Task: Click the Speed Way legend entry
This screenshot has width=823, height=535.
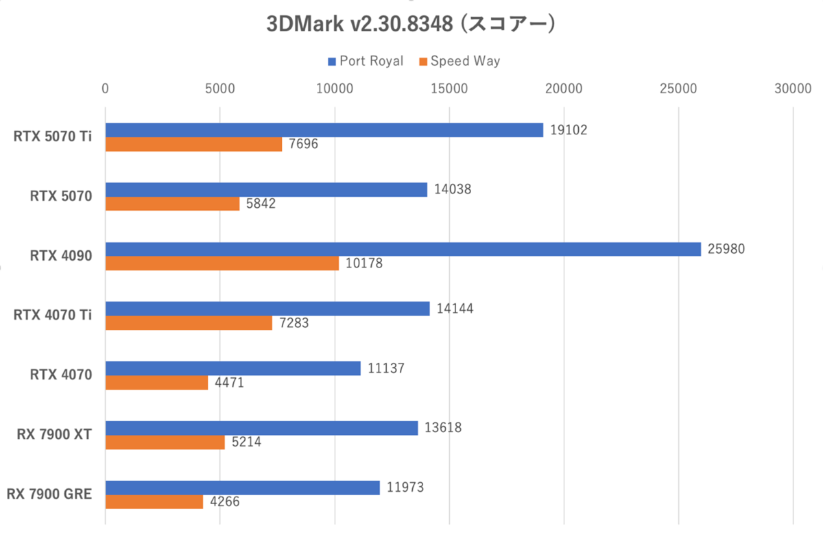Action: (460, 61)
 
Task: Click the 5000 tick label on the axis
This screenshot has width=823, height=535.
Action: (219, 88)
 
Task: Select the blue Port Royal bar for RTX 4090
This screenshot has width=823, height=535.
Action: (403, 249)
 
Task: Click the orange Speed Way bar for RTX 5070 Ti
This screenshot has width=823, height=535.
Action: (193, 144)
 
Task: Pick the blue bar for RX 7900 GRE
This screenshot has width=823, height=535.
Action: (242, 488)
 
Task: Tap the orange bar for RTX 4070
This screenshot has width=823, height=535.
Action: (156, 383)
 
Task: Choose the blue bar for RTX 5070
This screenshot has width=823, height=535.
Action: (266, 189)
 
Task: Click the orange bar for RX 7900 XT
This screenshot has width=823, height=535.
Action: (165, 442)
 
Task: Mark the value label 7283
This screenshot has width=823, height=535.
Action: (293, 323)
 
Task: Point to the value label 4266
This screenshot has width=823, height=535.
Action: (224, 502)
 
